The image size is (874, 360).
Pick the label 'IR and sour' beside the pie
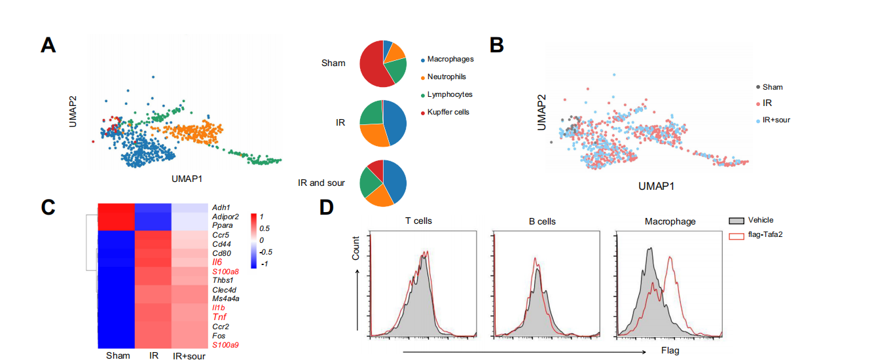pos(321,183)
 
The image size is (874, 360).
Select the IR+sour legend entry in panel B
pos(776,120)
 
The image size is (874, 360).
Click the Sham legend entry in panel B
pos(773,87)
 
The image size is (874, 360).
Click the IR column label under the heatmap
pos(153,356)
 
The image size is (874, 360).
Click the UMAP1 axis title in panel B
pos(657,187)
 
